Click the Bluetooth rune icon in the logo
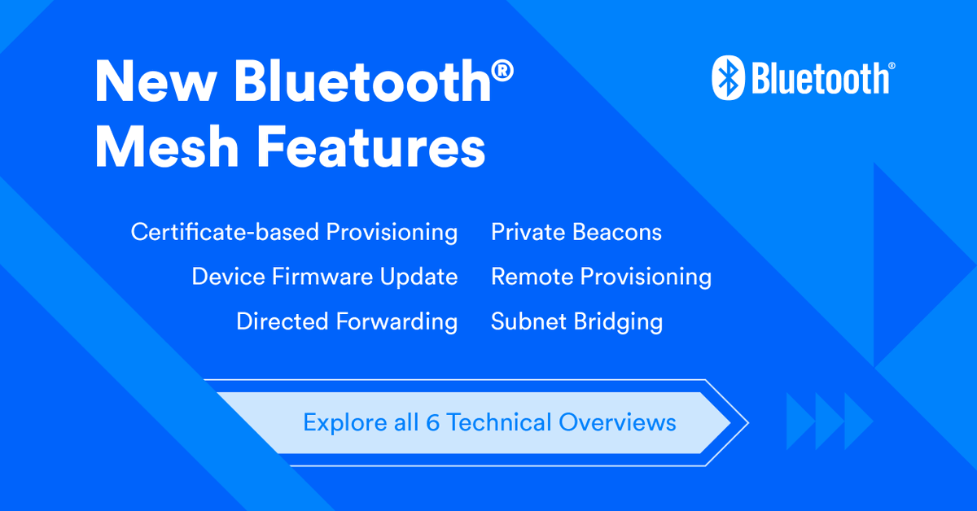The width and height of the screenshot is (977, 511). pos(729,79)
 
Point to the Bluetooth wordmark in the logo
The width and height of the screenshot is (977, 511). pos(821,79)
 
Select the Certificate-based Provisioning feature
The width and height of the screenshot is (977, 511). pos(294,233)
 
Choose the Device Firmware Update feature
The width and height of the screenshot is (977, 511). pos(324,277)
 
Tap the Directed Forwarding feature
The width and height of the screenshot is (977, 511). pos(347,321)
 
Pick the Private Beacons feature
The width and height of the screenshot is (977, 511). pos(576,233)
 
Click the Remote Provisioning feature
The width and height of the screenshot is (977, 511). pos(601,277)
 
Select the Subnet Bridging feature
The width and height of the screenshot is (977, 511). pos(576,321)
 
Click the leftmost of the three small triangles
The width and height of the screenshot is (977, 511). pos(798,421)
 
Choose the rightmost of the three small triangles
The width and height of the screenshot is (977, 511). pos(857,421)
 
